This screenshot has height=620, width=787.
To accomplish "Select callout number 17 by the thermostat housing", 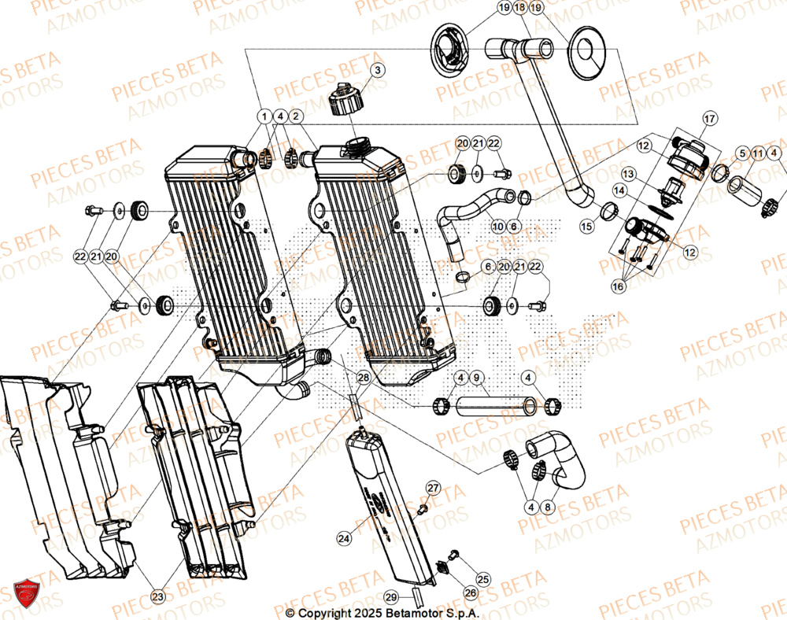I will click(709, 119).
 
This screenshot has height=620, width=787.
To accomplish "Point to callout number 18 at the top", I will click(519, 9).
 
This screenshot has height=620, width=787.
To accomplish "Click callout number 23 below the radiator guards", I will click(158, 597).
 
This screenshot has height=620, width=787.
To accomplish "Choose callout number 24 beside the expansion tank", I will click(343, 539).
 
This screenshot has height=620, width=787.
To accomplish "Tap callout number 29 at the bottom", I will click(392, 597).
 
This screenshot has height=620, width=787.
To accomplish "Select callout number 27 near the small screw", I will click(432, 488).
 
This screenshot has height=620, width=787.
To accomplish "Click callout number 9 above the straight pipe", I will click(476, 378).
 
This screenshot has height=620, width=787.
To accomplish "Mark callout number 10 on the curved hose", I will click(497, 227).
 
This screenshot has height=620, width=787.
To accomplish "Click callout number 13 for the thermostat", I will click(629, 172).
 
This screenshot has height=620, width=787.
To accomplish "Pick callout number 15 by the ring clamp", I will click(587, 226).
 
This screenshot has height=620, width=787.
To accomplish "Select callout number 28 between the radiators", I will click(363, 378).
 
